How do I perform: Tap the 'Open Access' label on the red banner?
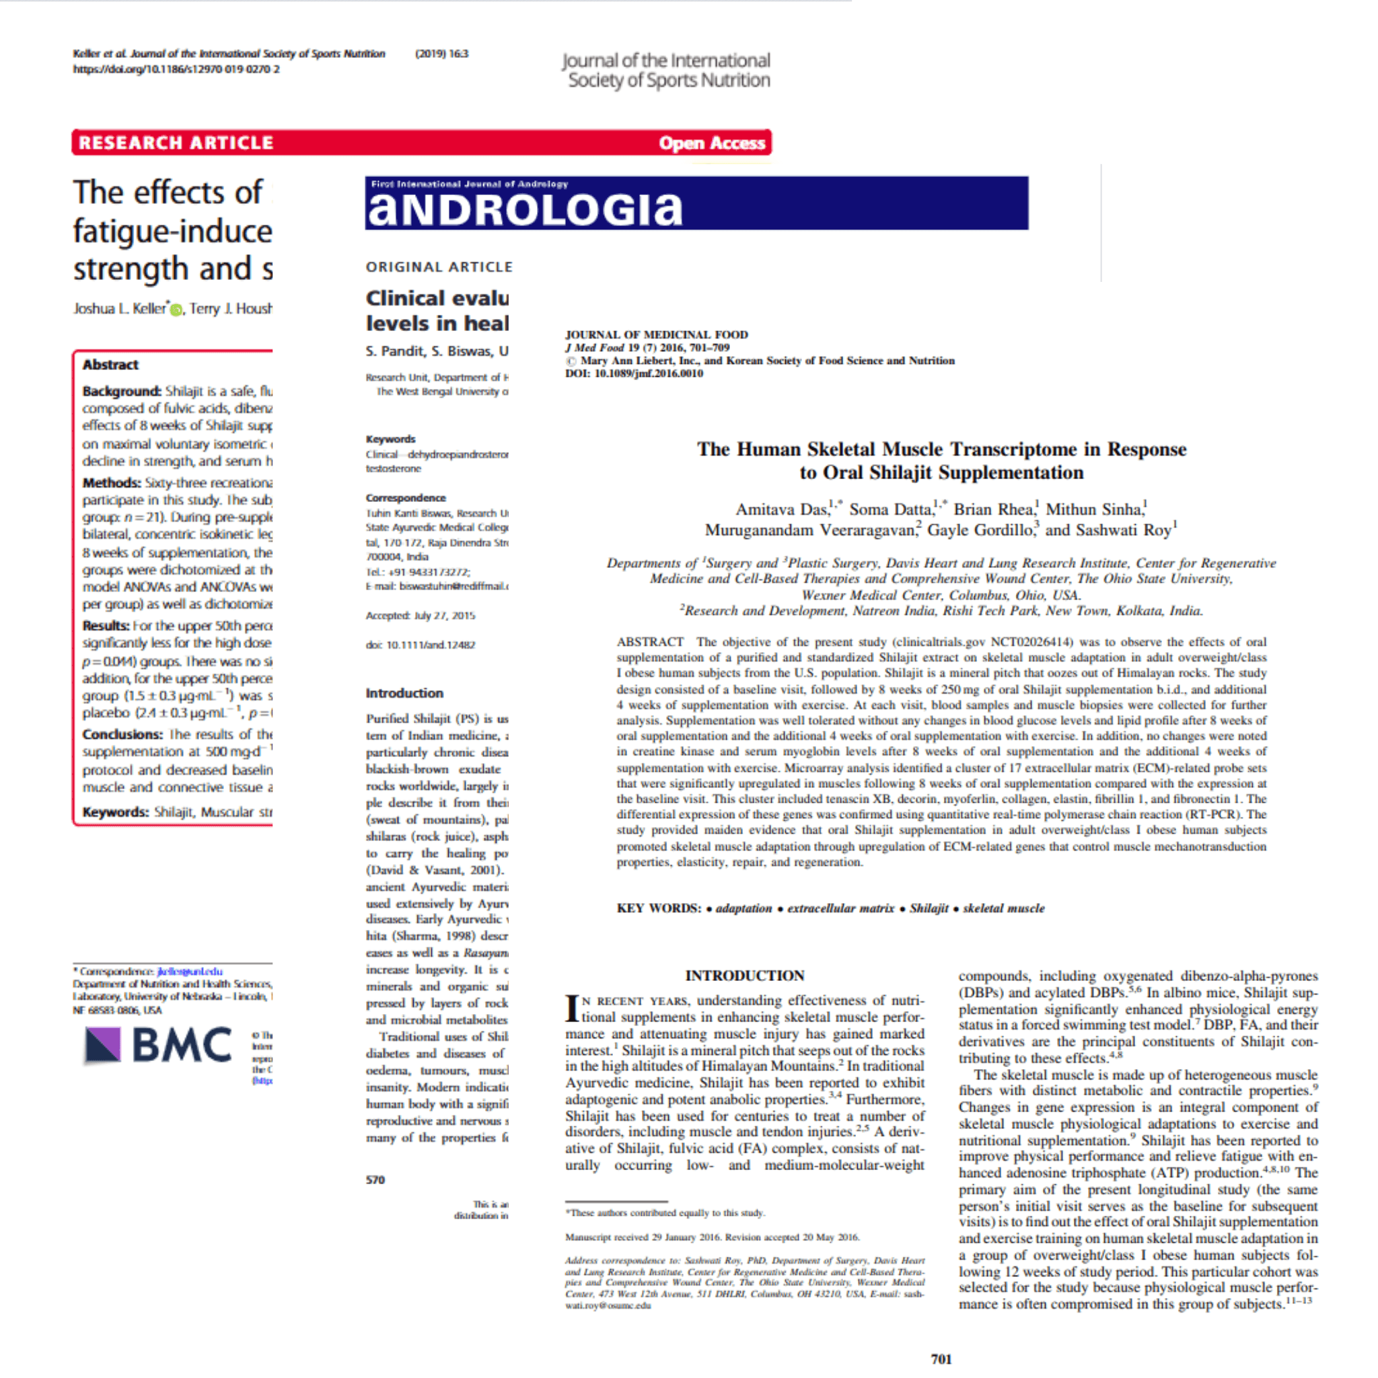pos(711,143)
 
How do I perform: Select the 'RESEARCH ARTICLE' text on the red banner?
pos(176,143)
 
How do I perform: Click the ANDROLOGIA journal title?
pos(525,209)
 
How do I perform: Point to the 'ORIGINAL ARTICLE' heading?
pos(439,266)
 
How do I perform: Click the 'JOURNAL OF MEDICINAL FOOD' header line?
pos(656,334)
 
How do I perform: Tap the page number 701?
pos(941,1358)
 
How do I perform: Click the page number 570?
pos(375,1180)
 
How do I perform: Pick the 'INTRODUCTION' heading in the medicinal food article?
pos(745,975)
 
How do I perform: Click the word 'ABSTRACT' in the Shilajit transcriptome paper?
pos(650,642)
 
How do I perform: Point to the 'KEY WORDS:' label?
pos(658,908)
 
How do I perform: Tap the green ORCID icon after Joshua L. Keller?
pos(176,310)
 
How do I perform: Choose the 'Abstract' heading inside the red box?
pos(110,365)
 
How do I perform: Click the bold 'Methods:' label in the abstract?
pos(111,483)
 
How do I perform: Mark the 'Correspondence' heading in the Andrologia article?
pos(405,498)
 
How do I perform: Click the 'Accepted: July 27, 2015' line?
pos(420,616)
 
